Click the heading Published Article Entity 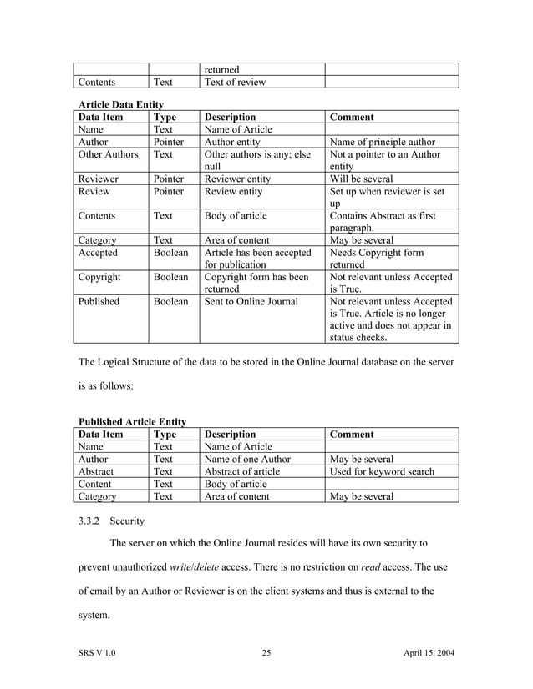coord(131,422)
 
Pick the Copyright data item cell coord(99,276)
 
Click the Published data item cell coord(99,301)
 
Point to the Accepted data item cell coord(98,252)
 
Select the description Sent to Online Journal coord(251,301)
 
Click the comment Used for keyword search coord(383,471)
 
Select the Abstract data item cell coord(97,471)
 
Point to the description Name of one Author coord(247,459)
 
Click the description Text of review coord(237,83)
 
